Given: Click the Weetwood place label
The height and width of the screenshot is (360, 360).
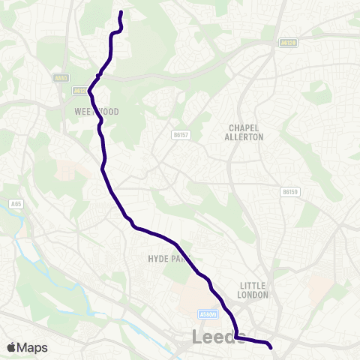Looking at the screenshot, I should (97, 111).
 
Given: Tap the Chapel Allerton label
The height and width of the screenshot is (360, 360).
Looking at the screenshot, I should (244, 133).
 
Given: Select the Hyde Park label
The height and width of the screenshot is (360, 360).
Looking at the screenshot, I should (164, 259).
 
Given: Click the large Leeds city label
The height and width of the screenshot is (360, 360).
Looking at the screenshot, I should (218, 338).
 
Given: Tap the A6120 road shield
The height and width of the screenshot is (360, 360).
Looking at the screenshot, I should (288, 43).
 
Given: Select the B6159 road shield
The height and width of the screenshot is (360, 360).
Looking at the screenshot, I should (290, 192).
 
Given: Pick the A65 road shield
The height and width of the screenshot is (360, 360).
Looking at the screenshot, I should (16, 202).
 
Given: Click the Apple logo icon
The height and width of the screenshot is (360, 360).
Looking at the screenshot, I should (12, 347).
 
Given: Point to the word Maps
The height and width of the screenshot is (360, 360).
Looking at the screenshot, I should (33, 347).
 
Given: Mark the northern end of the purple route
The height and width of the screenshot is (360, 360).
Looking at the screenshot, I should (121, 12).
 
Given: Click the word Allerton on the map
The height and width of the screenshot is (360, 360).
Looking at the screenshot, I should (244, 137).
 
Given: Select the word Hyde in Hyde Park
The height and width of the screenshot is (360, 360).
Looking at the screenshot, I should (156, 259).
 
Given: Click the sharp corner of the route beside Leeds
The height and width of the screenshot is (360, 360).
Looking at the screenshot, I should (235, 337).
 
